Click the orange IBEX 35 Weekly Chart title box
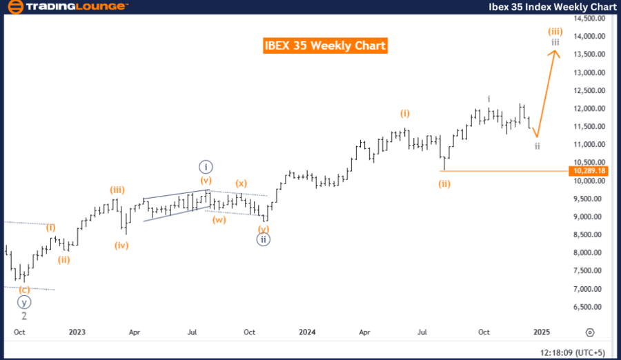(325, 46)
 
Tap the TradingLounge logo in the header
(67, 7)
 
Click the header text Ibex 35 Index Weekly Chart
(557, 7)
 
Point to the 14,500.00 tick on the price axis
(591, 18)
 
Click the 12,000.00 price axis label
(591, 108)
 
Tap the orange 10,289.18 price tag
(589, 170)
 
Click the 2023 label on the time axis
(77, 332)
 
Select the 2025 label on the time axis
(542, 332)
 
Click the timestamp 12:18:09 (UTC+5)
(571, 350)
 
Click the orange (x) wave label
(241, 183)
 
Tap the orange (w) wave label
(219, 220)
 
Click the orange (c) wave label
(24, 289)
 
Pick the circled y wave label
(24, 302)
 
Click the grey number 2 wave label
(24, 315)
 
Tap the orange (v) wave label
(206, 180)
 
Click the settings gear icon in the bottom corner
(590, 332)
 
